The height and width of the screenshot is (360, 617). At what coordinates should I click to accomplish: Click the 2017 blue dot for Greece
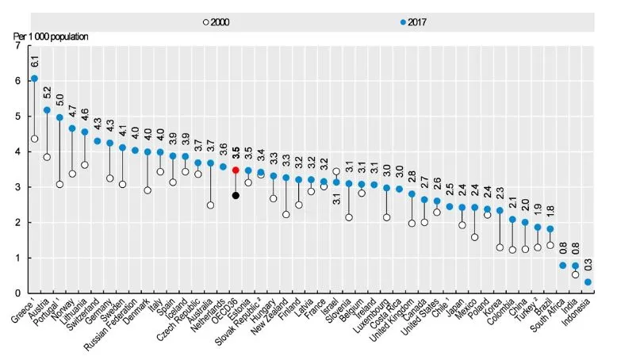pos(34,79)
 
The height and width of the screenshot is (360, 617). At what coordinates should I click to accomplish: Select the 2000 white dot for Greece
pos(34,139)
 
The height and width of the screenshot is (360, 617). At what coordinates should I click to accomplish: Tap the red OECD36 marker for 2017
pos(236,170)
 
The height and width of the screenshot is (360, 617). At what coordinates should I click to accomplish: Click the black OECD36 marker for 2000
pos(236,195)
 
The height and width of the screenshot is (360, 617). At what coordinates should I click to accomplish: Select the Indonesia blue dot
pos(588,282)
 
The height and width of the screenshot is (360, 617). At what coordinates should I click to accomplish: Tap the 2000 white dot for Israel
pos(336,171)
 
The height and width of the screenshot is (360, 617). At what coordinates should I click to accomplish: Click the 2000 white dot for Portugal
pos(59,184)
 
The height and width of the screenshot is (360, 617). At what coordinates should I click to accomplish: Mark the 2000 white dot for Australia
pos(210,205)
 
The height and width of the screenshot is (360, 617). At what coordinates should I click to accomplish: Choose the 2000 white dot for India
pos(575,274)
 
